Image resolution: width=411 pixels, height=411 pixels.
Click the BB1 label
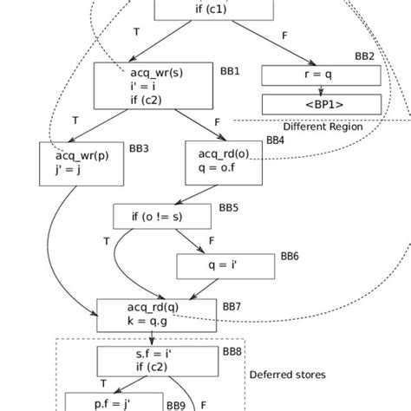230,70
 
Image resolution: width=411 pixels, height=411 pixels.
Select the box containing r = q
321,75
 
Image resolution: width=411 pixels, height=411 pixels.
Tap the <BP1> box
321,104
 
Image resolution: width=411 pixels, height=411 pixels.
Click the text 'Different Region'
323,127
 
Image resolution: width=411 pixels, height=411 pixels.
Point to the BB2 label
364,56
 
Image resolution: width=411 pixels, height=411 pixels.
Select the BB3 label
139,148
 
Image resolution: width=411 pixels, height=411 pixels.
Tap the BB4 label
275,139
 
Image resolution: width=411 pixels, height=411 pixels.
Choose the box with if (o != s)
162,216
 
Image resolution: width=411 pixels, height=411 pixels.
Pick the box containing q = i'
224,265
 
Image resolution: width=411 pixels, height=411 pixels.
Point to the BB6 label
289,258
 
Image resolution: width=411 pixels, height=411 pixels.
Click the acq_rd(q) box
156,314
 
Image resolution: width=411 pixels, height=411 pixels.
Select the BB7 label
232,306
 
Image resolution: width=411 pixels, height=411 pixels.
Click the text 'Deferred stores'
287,375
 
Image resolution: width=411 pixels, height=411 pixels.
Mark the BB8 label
232,352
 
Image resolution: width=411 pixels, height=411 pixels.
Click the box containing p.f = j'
114,402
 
